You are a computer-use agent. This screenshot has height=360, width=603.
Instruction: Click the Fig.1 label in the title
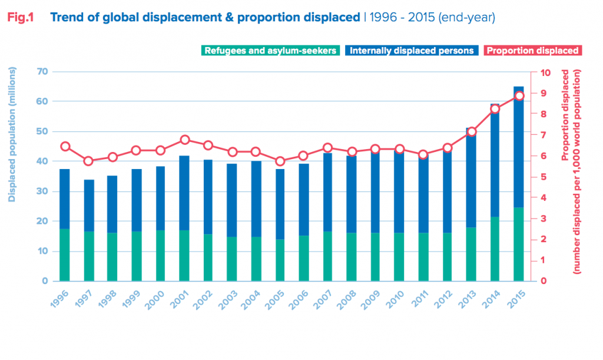click(20, 18)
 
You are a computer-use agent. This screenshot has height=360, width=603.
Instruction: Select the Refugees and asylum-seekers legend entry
click(270, 51)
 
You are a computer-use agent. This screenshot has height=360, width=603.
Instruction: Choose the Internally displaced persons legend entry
click(411, 51)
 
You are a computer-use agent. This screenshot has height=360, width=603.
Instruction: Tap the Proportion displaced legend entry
click(532, 51)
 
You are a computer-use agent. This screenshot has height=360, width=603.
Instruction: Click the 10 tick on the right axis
click(545, 72)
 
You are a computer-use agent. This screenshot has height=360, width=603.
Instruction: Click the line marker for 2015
click(519, 96)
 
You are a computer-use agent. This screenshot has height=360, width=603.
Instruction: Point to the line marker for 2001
click(185, 140)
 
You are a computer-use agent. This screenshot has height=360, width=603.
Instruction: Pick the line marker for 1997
click(89, 161)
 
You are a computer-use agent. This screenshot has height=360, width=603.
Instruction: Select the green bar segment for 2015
click(519, 245)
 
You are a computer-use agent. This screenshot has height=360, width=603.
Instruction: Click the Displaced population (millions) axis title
click(11, 135)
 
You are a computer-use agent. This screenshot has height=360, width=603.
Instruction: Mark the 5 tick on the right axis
click(545, 177)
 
